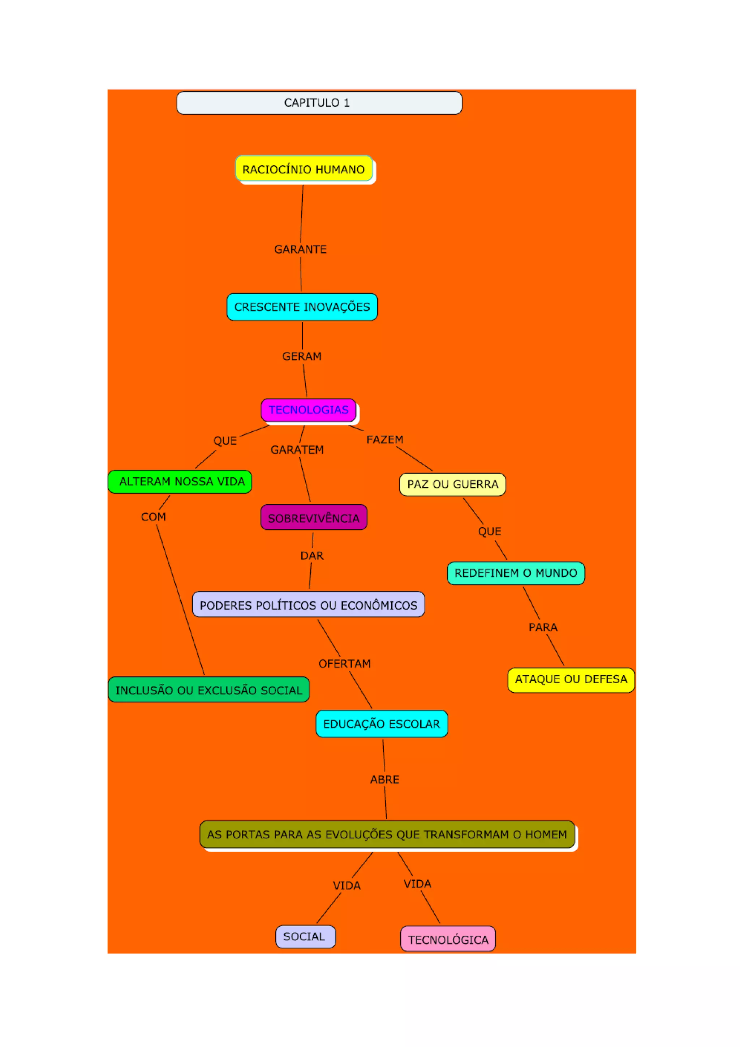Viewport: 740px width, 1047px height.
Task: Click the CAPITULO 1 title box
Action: click(x=319, y=103)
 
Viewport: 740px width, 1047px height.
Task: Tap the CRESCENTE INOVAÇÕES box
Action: click(x=302, y=307)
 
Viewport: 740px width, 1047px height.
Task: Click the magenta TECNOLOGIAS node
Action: click(x=309, y=410)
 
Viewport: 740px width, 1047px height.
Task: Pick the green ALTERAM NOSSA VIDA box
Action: click(x=180, y=482)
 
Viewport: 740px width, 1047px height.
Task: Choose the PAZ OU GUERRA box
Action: click(x=452, y=484)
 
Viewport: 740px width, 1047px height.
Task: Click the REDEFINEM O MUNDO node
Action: click(x=516, y=573)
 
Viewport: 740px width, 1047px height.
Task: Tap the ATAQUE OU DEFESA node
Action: click(x=571, y=679)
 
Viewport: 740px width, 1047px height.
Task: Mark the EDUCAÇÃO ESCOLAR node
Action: click(x=382, y=724)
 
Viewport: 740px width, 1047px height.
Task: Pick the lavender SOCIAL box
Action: click(x=305, y=937)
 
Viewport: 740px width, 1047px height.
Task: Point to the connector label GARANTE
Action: click(x=300, y=249)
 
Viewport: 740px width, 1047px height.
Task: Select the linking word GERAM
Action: click(x=302, y=356)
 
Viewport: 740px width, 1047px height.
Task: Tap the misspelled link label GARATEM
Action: click(x=297, y=450)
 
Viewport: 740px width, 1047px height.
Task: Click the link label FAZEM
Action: click(x=385, y=440)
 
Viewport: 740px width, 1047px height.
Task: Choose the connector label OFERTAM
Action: click(x=344, y=663)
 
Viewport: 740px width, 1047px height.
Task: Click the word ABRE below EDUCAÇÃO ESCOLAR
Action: click(x=384, y=779)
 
